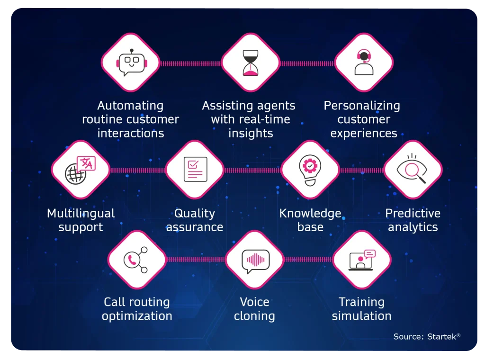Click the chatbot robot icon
coord(132,63)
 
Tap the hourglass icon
coord(250,63)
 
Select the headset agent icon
coord(364,62)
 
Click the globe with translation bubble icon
coord(80,170)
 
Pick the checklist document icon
coord(195,169)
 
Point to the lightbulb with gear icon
coord(310,170)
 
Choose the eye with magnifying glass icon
coord(412,169)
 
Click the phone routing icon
coord(135,260)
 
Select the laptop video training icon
coord(361,260)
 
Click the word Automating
coord(130,106)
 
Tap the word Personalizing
coord(362,106)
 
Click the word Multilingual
coord(81,213)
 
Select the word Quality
coord(195,213)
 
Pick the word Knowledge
coord(310,213)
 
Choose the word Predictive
coord(413,213)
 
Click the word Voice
coord(254,302)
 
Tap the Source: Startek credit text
coord(427,336)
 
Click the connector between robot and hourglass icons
coord(190,64)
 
